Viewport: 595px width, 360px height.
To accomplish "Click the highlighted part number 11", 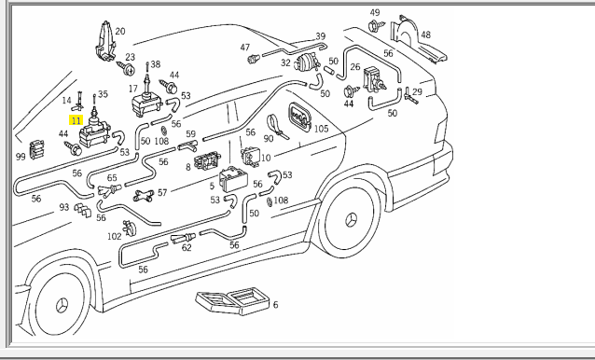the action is pos(76,120).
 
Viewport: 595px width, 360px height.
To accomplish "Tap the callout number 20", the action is pos(120,31).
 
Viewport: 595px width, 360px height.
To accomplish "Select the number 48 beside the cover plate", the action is pos(426,35).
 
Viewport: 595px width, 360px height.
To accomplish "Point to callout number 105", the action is pos(321,129).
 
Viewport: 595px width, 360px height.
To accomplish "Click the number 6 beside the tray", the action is pos(275,305).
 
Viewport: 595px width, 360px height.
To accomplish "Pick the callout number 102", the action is pos(114,237).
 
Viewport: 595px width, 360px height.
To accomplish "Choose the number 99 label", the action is pos(21,157).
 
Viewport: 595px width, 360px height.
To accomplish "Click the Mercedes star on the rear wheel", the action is pos(351,220).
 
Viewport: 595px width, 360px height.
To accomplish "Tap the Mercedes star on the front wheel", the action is pos(62,305).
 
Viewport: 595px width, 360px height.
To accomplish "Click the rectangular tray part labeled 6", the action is pos(232,301).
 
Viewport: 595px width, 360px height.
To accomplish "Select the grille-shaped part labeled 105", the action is pos(299,117).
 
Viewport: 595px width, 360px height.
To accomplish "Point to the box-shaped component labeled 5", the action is pos(233,179).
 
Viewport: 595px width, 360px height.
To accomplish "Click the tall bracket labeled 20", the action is pos(105,41).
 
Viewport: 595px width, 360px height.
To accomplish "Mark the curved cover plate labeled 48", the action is pos(418,39).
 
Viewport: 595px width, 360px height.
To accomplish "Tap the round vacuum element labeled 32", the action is pos(308,62).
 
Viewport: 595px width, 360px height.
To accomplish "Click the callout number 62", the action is pos(187,248).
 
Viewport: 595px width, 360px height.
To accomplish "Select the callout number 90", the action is pos(269,138).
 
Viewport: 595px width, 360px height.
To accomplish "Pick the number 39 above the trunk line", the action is pos(321,36).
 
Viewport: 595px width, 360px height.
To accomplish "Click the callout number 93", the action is pos(63,207).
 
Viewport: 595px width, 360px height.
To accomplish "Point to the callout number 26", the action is pos(355,67).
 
